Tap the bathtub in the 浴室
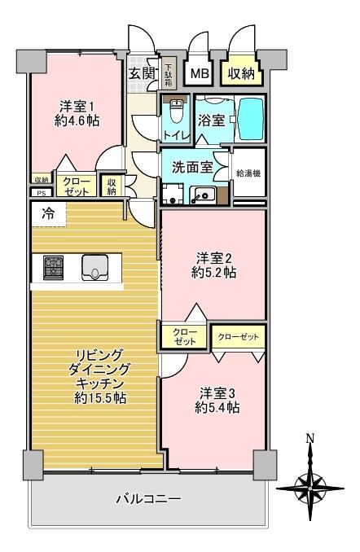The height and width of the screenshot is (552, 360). tap(251, 119)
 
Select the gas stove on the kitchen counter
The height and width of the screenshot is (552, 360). tap(54, 268)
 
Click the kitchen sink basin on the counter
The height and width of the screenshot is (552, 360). tap(94, 268)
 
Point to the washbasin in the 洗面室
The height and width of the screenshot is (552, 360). tap(203, 195)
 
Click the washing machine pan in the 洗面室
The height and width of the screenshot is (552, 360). tap(172, 194)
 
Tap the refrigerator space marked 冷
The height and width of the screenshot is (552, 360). tap(49, 214)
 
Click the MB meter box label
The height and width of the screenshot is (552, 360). tap(200, 73)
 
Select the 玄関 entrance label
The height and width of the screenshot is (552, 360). tap(142, 73)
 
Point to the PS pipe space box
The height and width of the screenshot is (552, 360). tap(42, 193)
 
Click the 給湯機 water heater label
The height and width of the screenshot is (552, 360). tap(248, 173)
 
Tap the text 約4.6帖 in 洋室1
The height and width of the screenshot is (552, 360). tap(77, 121)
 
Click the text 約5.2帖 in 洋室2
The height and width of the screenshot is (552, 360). tap(214, 273)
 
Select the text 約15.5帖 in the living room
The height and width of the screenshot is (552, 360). tap(100, 398)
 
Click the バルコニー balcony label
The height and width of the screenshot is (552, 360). tap(149, 499)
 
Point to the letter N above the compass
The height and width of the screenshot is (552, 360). tap(310, 439)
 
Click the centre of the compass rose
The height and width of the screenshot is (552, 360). tap(310, 488)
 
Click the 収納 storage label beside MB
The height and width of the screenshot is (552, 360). tap(241, 73)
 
